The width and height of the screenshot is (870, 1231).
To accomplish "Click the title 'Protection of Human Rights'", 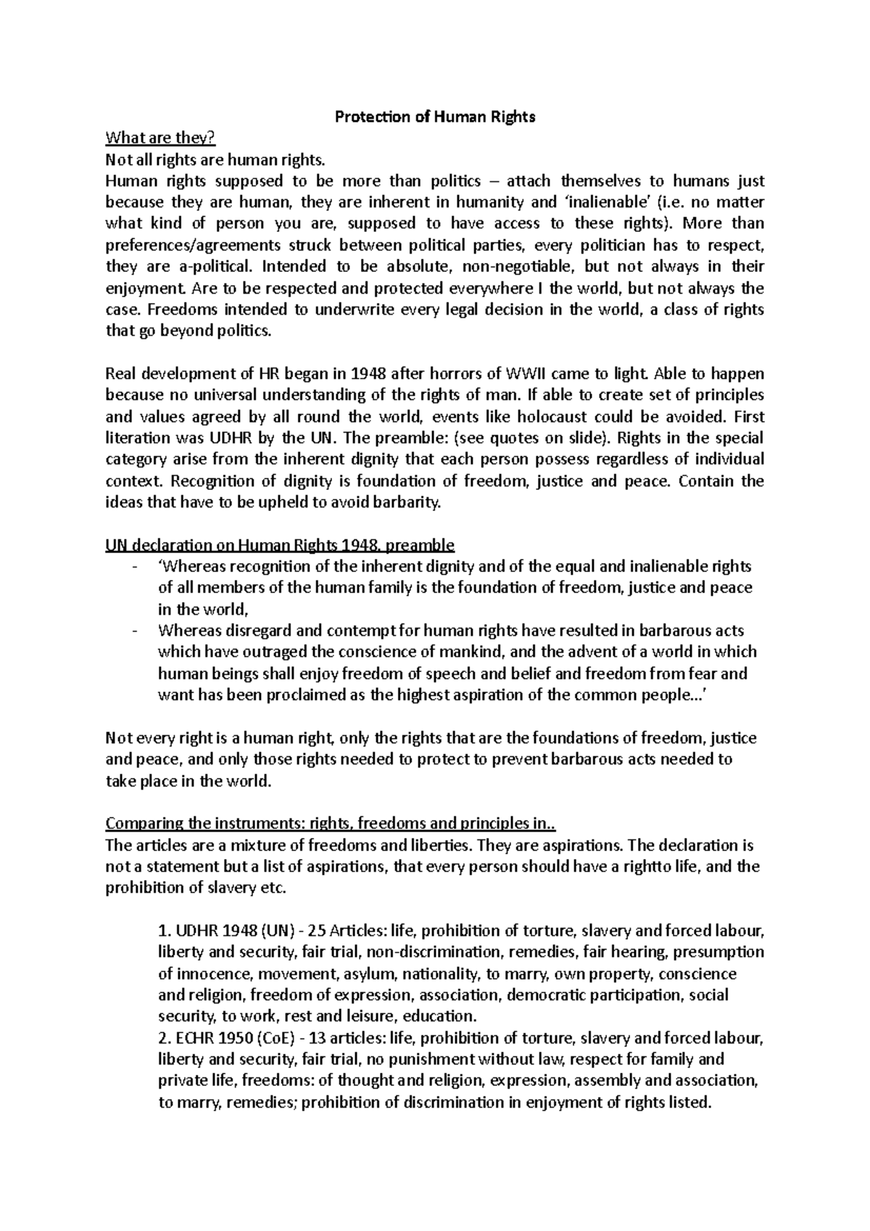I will point(434,117).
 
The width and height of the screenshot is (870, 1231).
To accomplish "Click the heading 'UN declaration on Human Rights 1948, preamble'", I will point(279,544).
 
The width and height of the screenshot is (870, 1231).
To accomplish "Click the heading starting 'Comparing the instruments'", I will point(331,824).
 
